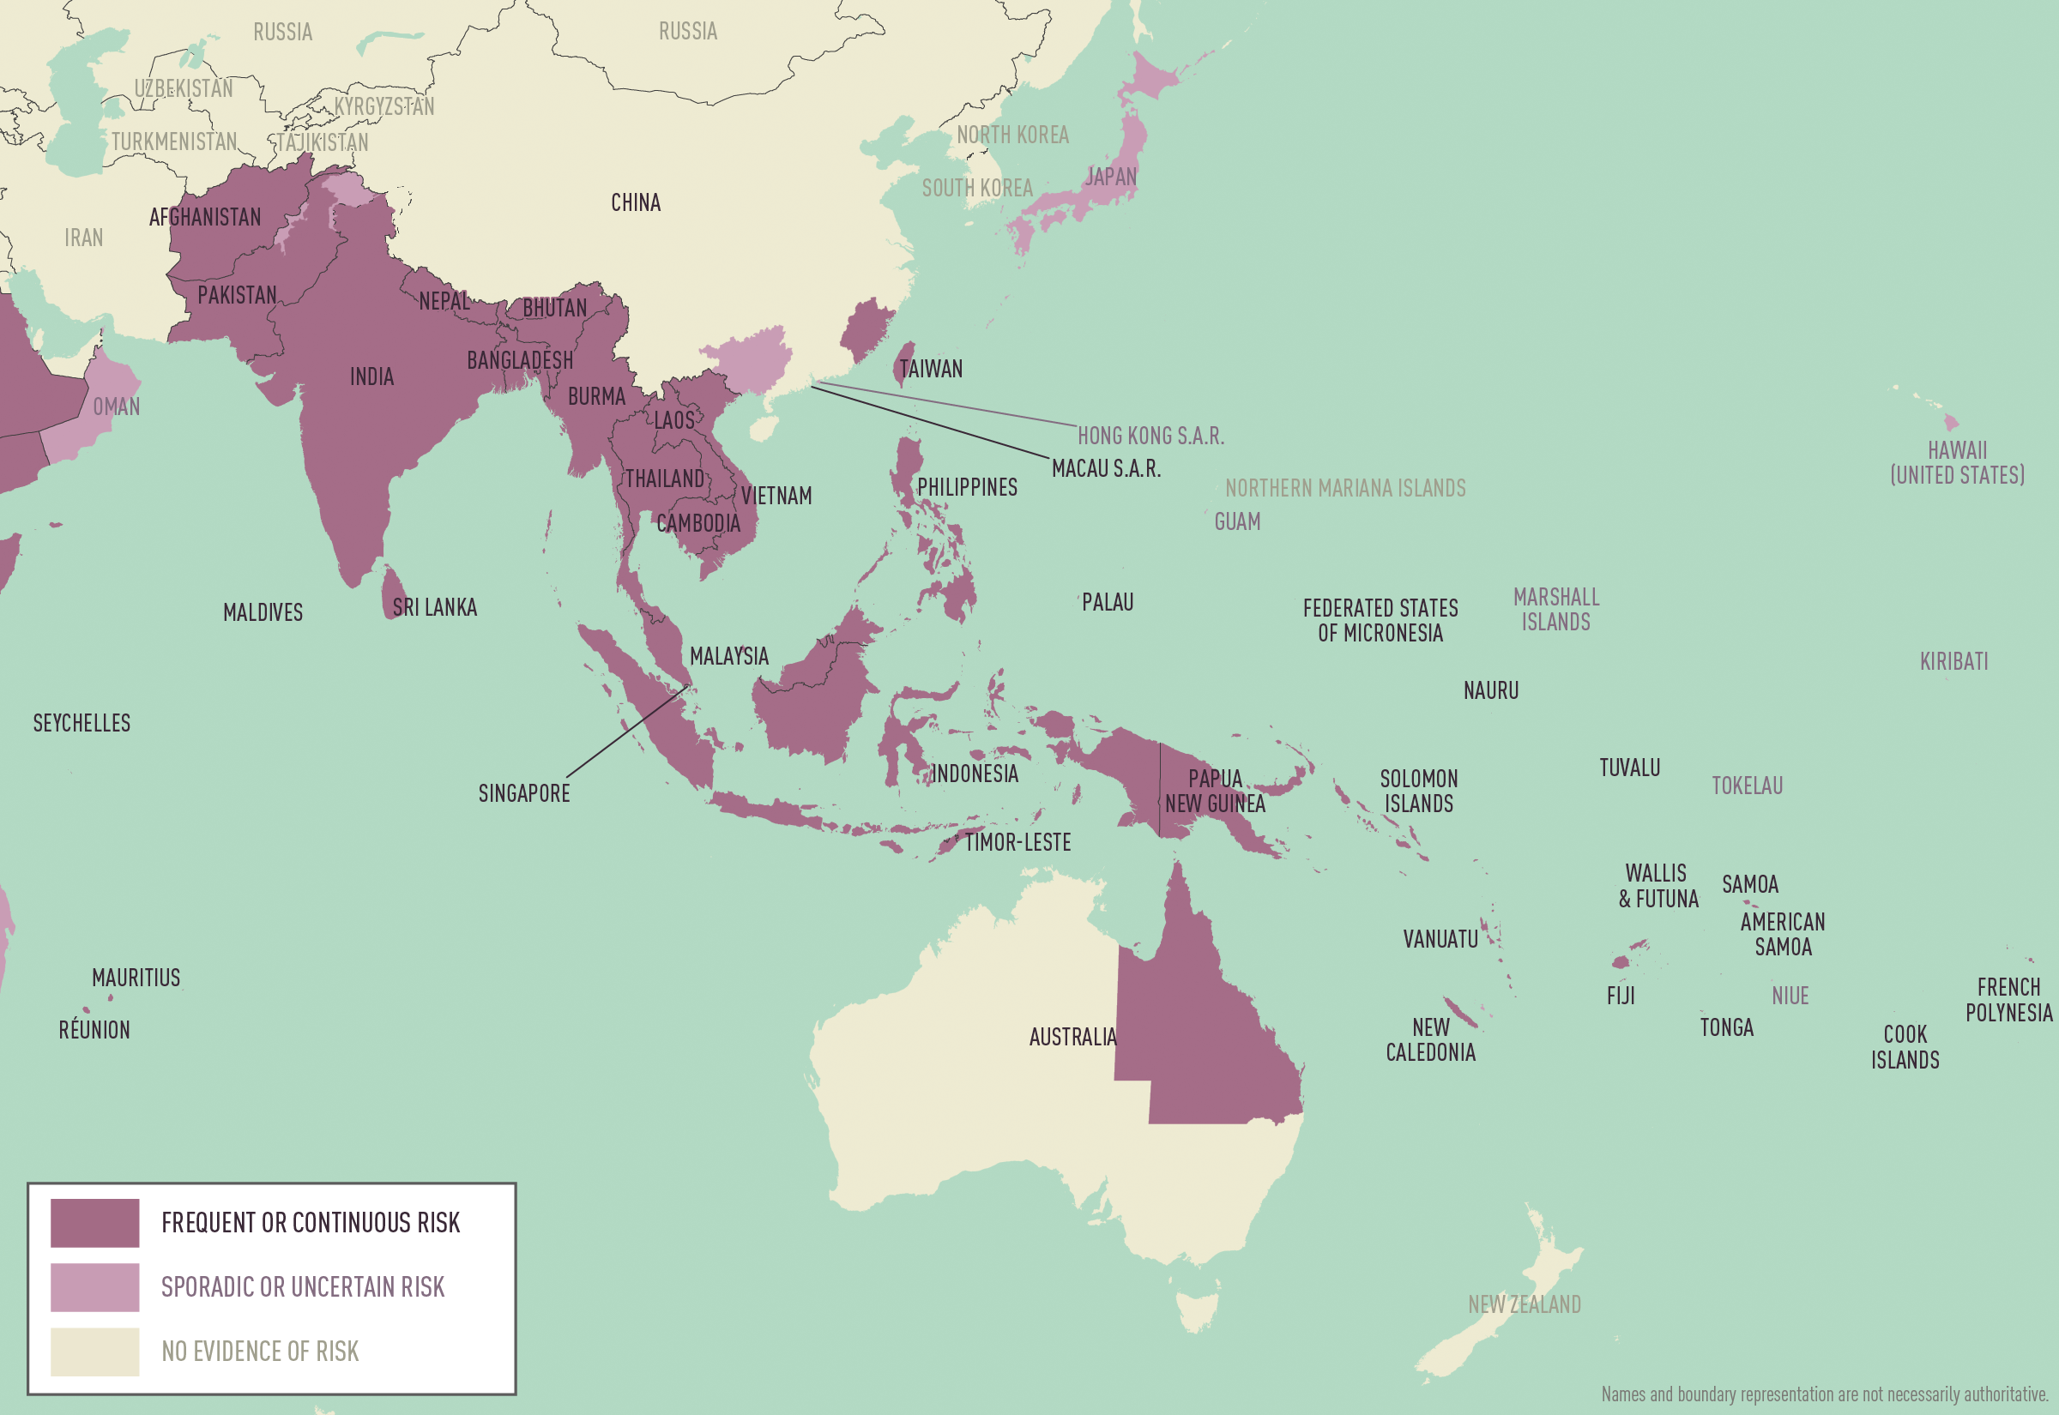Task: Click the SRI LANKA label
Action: pos(434,607)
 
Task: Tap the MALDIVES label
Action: pos(263,612)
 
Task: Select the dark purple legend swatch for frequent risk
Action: pos(95,1223)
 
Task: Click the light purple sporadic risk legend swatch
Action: pos(95,1287)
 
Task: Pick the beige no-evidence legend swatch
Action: pos(95,1352)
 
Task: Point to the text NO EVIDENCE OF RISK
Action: pos(260,1352)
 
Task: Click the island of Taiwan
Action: pos(903,363)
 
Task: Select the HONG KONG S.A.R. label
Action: pos(1150,437)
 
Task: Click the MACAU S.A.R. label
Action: pos(1106,469)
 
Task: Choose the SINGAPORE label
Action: pos(524,793)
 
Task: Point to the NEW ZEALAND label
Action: pos(1525,1305)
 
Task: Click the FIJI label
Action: pos(1620,997)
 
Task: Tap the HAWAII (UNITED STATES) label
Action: pos(1957,463)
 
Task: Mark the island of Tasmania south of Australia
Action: pos(1197,1311)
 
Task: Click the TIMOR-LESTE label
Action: pos(1017,842)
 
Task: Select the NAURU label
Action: pos(1490,690)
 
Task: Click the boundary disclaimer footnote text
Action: pos(1824,1394)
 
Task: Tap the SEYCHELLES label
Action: pos(82,724)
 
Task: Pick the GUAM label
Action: pos(1237,522)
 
